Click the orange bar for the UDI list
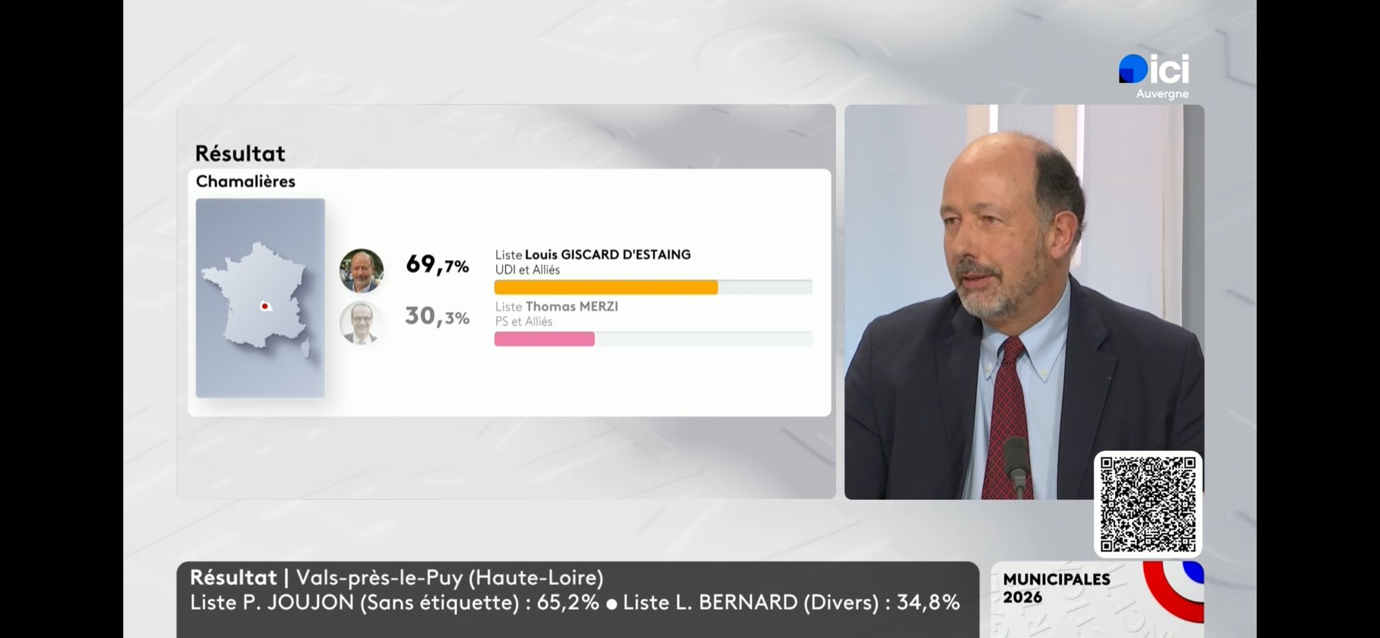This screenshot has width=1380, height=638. pyautogui.click(x=606, y=288)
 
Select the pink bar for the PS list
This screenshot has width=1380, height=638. pyautogui.click(x=544, y=339)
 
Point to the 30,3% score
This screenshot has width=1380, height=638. pyautogui.click(x=437, y=316)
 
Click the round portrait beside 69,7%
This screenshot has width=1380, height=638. pyautogui.click(x=362, y=270)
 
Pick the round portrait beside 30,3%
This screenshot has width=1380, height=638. pyautogui.click(x=362, y=323)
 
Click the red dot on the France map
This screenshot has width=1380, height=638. pyautogui.click(x=265, y=307)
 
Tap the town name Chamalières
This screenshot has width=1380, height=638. pyautogui.click(x=245, y=181)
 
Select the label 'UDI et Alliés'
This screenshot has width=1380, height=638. pyautogui.click(x=528, y=269)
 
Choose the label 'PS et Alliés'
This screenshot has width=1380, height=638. pyautogui.click(x=524, y=321)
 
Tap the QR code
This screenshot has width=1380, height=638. pyautogui.click(x=1148, y=504)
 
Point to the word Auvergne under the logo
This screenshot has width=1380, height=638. pyautogui.click(x=1162, y=94)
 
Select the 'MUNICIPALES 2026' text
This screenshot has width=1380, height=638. pyautogui.click(x=1056, y=587)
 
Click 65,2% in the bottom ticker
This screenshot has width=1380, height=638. pyautogui.click(x=567, y=602)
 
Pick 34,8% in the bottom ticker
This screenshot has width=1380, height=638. pyautogui.click(x=928, y=602)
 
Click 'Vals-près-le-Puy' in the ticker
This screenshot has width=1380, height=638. pyautogui.click(x=379, y=577)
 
